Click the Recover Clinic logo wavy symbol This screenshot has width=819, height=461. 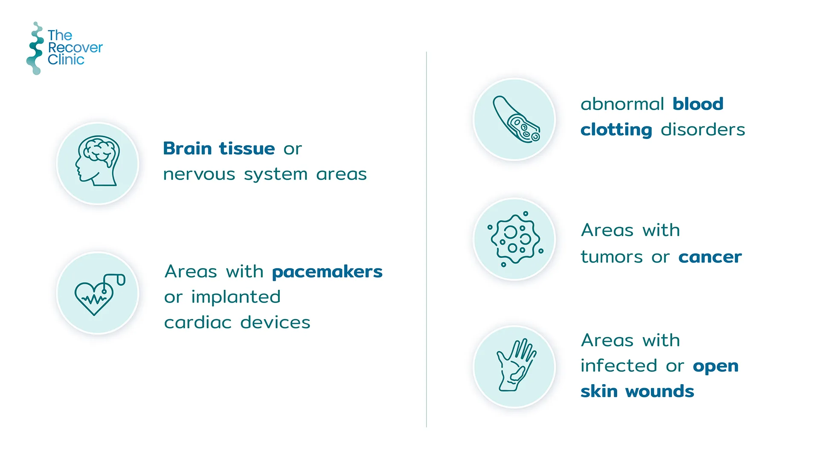point(35,48)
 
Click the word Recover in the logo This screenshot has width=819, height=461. point(76,47)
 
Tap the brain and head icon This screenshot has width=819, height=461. point(98,161)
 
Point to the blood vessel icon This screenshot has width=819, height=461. point(516,119)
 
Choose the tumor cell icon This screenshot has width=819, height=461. point(515,239)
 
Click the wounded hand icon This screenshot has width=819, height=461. point(516,365)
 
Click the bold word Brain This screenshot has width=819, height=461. point(187,149)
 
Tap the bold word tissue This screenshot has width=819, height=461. point(247,149)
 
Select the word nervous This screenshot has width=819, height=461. point(199,174)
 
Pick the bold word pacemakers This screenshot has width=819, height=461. point(327,272)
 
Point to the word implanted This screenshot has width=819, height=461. point(236,297)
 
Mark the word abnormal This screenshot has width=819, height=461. point(622,104)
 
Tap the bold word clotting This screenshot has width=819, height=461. point(616,130)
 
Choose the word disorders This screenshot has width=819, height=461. point(703,129)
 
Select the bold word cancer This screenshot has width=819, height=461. point(710,257)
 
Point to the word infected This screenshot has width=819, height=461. point(619,365)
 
